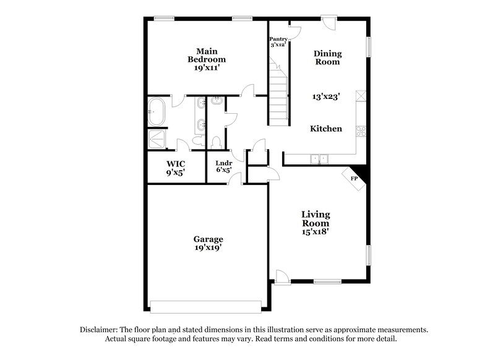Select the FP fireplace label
pyautogui.click(x=355, y=179)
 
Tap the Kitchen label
pyautogui.click(x=326, y=129)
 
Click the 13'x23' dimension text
pyautogui.click(x=325, y=96)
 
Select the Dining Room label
pyautogui.click(x=327, y=58)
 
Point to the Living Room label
pyautogui.click(x=316, y=218)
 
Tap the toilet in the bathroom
pyautogui.click(x=214, y=140)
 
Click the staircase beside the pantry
pyautogui.click(x=278, y=96)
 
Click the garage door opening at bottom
pyautogui.click(x=207, y=307)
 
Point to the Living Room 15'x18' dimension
pyautogui.click(x=316, y=231)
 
